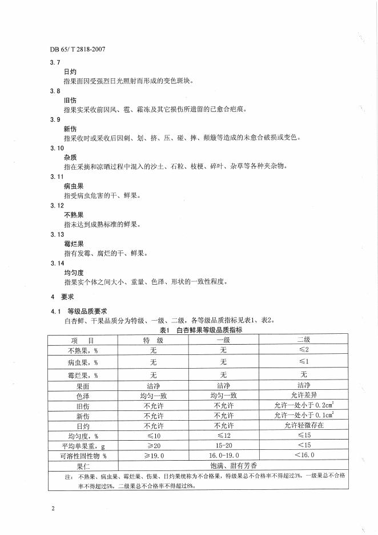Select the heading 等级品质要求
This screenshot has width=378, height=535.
tap(87, 312)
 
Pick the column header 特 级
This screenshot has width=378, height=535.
tap(153, 340)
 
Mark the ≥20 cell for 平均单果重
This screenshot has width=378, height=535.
tap(153, 445)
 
